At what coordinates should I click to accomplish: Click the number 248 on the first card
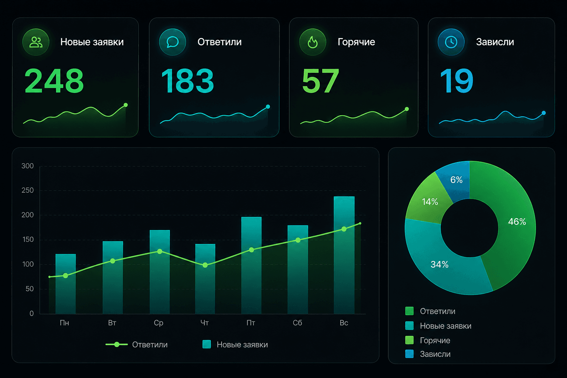pyautogui.click(x=54, y=81)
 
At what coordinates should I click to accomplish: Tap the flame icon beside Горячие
pyautogui.click(x=313, y=42)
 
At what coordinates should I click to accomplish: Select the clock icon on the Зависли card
pyautogui.click(x=451, y=42)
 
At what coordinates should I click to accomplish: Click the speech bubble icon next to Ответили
pyautogui.click(x=173, y=42)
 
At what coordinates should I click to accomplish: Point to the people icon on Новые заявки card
pyautogui.click(x=36, y=42)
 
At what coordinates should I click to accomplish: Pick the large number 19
pyautogui.click(x=456, y=81)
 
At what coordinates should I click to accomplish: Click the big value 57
pyautogui.click(x=320, y=81)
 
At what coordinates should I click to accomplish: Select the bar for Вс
pyautogui.click(x=344, y=255)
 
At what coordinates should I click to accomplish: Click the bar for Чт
pyautogui.click(x=205, y=279)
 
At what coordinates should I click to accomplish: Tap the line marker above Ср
pyautogui.click(x=160, y=251)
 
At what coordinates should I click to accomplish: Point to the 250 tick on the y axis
pyautogui.click(x=28, y=190)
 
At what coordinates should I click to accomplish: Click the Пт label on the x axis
pyautogui.click(x=251, y=323)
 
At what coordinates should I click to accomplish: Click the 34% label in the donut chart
pyautogui.click(x=439, y=265)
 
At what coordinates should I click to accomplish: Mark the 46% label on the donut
pyautogui.click(x=517, y=222)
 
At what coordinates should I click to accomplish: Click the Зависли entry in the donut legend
pyautogui.click(x=435, y=354)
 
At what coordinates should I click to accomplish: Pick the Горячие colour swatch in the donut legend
pyautogui.click(x=409, y=340)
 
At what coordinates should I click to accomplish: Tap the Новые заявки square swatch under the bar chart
pyautogui.click(x=207, y=344)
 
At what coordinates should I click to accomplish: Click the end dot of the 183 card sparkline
pyautogui.click(x=268, y=107)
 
